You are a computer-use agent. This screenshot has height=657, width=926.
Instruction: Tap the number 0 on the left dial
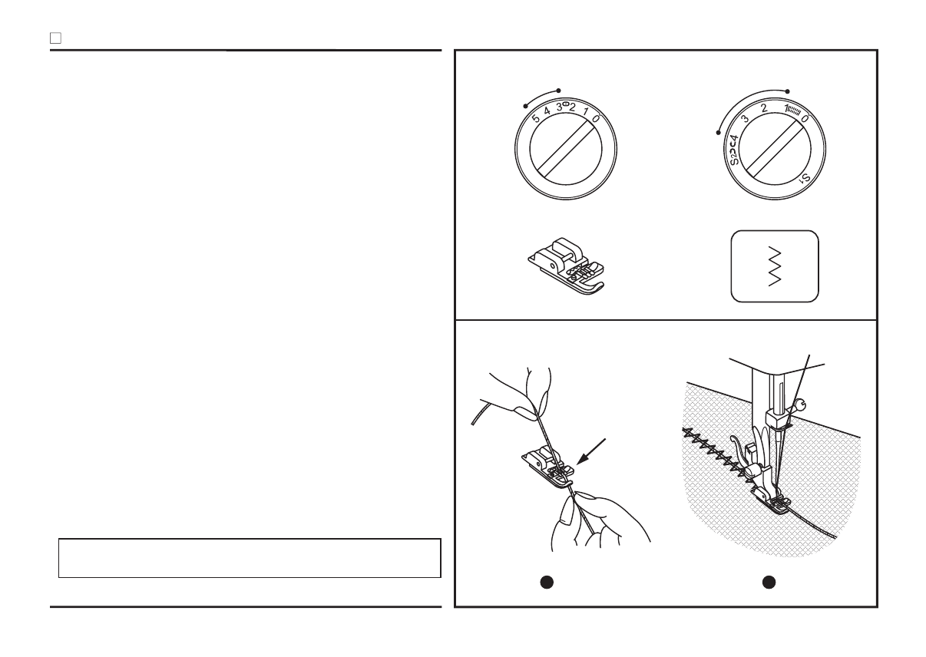(596, 120)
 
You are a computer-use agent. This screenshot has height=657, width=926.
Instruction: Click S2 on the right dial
(734, 157)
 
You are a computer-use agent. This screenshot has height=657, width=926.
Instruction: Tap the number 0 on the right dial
(804, 120)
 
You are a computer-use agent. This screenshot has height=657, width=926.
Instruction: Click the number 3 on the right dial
(745, 120)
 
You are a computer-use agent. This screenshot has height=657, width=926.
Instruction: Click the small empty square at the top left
(55, 37)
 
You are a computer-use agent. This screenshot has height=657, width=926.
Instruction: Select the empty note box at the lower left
(250, 557)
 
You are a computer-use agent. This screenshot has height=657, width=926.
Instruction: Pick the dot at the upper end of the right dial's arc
(788, 89)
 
